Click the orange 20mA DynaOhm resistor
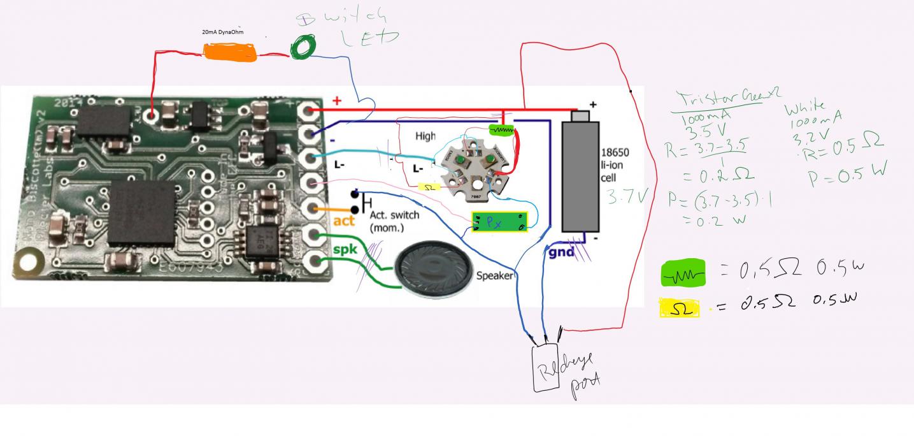pos(230,52)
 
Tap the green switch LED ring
pos(304,47)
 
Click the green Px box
pos(499,222)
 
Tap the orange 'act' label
pos(343,221)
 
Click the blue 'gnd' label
pos(561,252)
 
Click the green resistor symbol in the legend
pos(684,273)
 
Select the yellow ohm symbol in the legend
pos(679,309)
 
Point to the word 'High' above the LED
pos(425,136)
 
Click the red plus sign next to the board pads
pos(337,101)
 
